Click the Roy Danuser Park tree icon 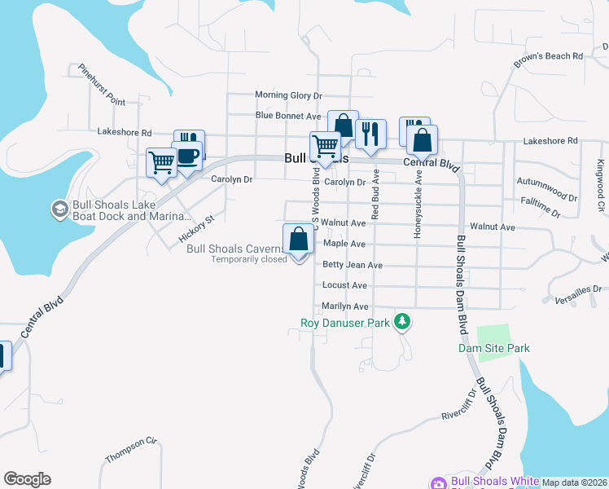[x=401, y=323]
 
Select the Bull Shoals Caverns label [x=237, y=249]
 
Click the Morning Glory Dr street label [x=289, y=95]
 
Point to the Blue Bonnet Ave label [x=288, y=117]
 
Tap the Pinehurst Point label [x=102, y=85]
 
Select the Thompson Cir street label [x=130, y=449]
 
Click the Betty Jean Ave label [x=353, y=265]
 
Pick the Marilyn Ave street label [x=346, y=306]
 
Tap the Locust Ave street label [x=345, y=285]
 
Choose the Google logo [x=27, y=479]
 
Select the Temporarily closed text [x=249, y=260]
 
